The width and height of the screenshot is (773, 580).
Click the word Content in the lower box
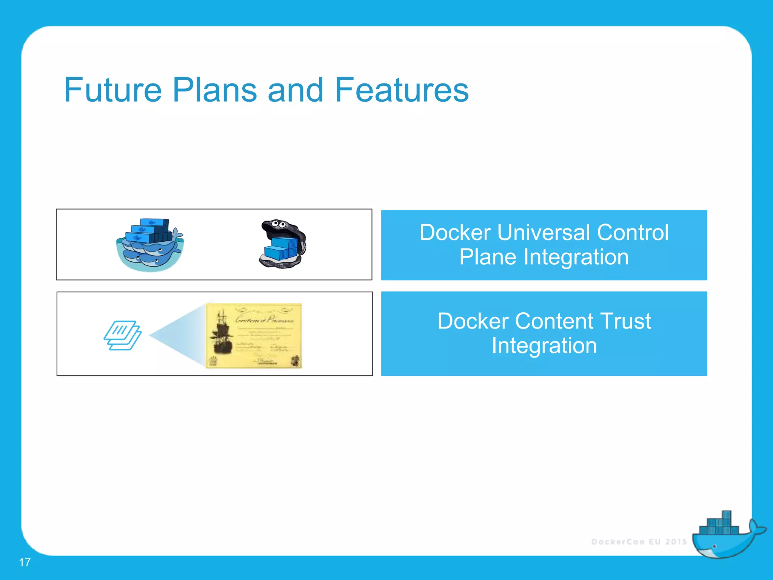point(553,321)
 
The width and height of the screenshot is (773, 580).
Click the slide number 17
point(25,562)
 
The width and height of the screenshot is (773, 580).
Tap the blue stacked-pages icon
point(122,335)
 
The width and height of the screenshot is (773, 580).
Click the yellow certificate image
point(254,335)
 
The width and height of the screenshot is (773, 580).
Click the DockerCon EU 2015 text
point(639,542)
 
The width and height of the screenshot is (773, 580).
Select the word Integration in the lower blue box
point(544,346)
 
